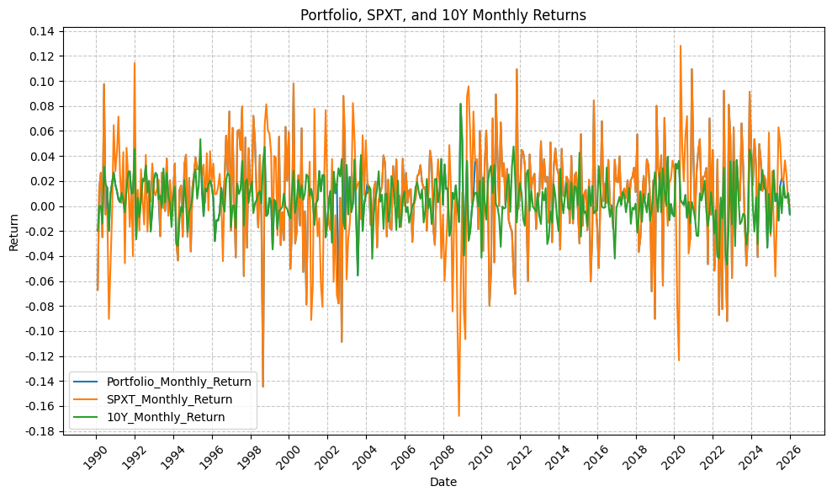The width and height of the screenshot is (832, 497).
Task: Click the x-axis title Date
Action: click(x=443, y=482)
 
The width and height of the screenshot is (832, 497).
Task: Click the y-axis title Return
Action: click(x=13, y=232)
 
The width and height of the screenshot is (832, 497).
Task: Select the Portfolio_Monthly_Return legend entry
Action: click(x=185, y=382)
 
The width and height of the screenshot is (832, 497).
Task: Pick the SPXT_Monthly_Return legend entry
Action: click(x=178, y=399)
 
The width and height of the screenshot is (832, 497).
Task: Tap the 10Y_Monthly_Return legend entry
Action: click(x=172, y=417)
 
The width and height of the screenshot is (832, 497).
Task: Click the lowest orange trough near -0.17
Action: click(x=458, y=416)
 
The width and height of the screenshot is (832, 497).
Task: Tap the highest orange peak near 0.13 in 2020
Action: click(x=681, y=45)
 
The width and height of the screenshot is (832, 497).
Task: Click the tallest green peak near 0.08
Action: click(x=460, y=104)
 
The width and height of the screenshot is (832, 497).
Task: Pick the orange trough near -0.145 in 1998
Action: click(x=262, y=387)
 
